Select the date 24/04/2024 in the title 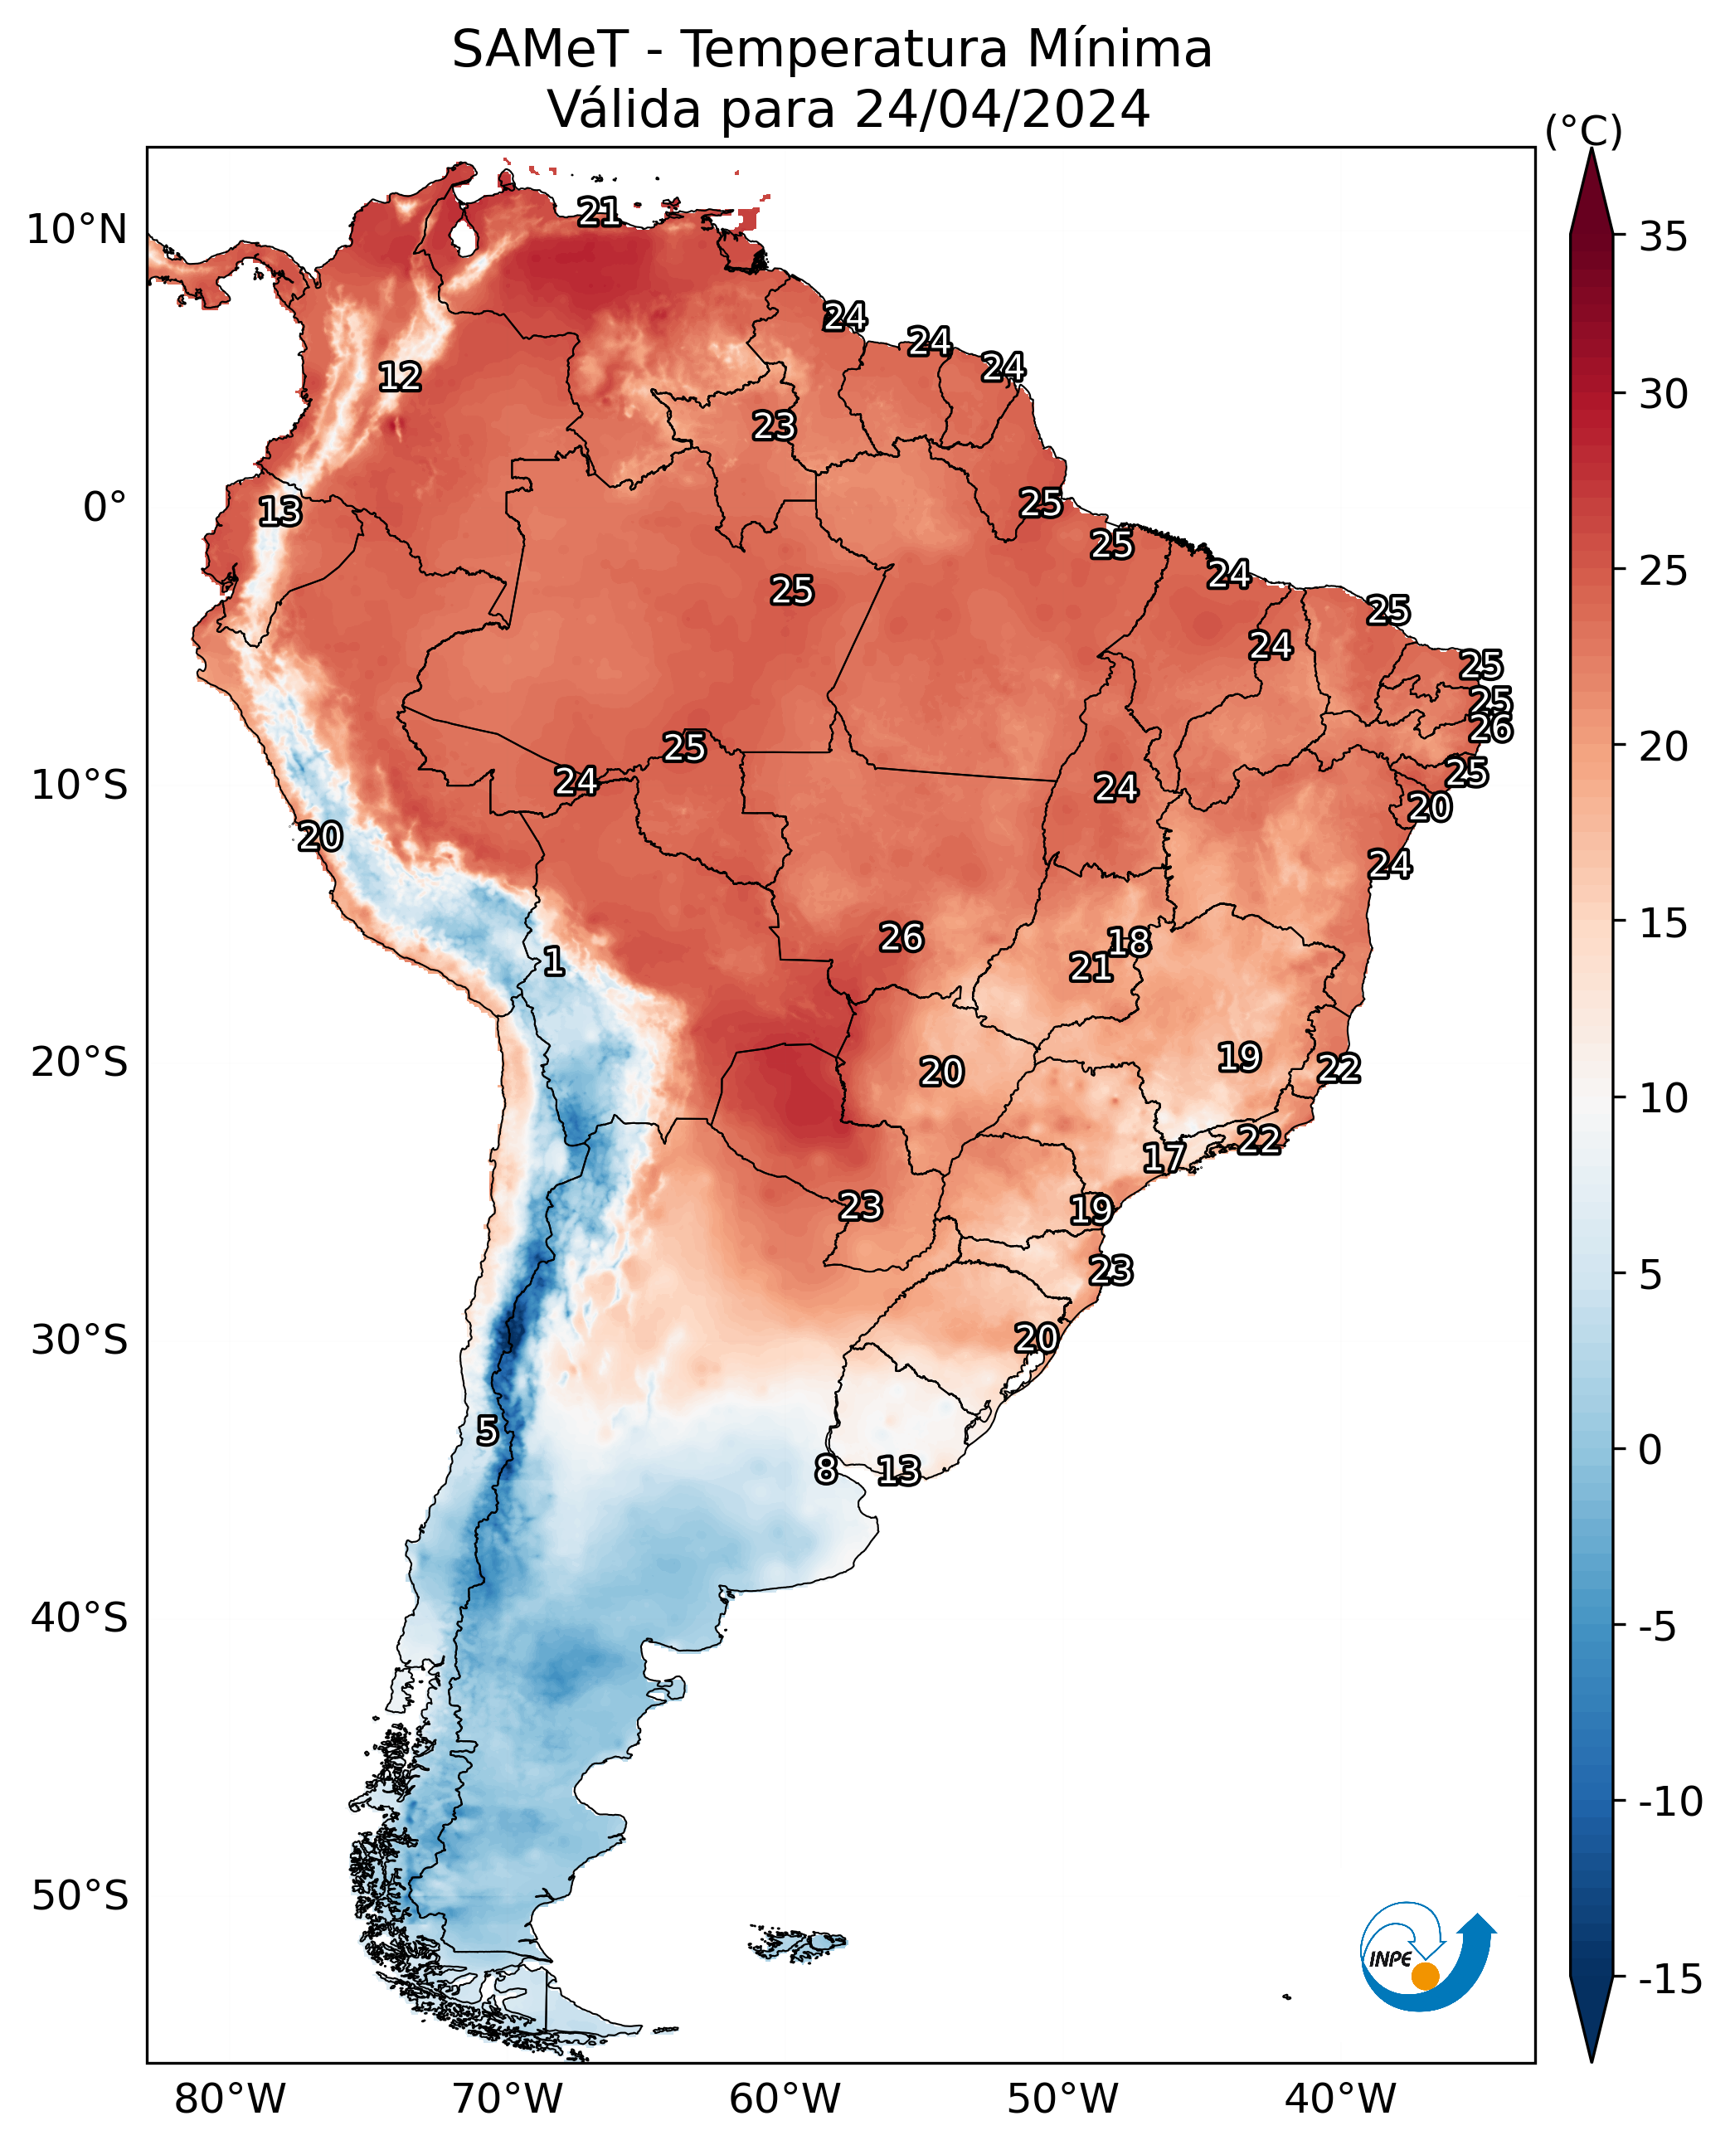[x=1003, y=109]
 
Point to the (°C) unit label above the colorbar [x=1583, y=130]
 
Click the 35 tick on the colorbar [x=1663, y=237]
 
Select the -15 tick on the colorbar [x=1671, y=1980]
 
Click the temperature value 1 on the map [x=554, y=961]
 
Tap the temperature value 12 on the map [x=401, y=377]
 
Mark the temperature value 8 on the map [x=826, y=1469]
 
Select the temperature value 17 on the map [x=1164, y=1157]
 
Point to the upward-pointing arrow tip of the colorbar [x=1592, y=149]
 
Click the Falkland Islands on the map [x=797, y=1943]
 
